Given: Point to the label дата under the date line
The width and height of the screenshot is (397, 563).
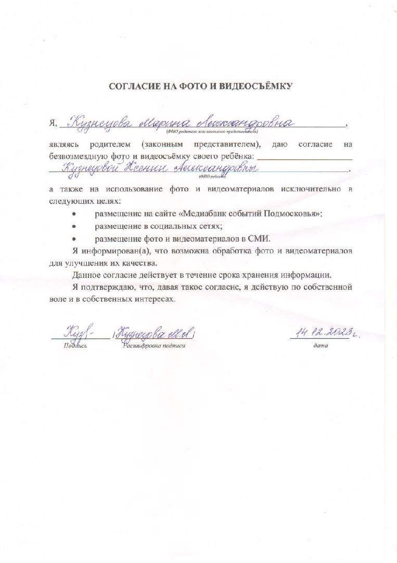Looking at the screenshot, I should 321,346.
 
